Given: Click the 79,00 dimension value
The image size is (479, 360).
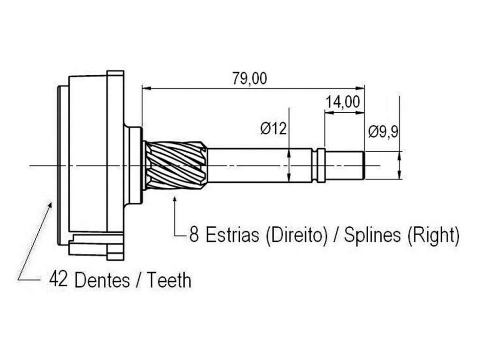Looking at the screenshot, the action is point(249,78).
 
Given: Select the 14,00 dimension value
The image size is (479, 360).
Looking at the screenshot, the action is point(343,102).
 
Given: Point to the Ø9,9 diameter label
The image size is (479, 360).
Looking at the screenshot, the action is point(383,132).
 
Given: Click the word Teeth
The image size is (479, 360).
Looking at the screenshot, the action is point(169,280).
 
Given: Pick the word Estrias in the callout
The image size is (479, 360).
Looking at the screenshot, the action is point(232,235).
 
